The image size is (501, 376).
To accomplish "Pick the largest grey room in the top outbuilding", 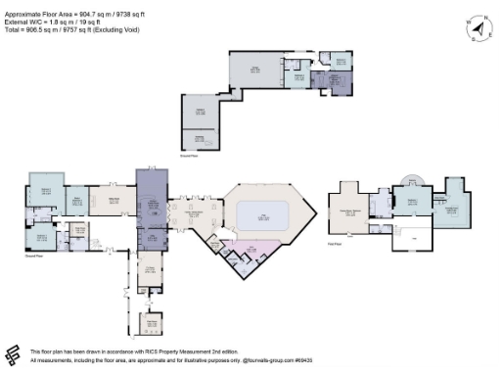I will pyautogui.click(x=255, y=70).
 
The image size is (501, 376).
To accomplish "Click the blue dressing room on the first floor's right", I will pyautogui.click(x=452, y=203).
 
